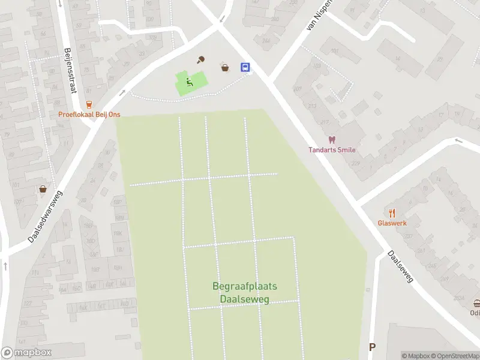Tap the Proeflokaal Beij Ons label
(x=89, y=115)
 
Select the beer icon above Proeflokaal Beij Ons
(x=89, y=104)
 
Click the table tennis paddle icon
(x=202, y=59)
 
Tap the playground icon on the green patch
(x=189, y=83)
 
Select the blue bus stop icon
(x=245, y=67)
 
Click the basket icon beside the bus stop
(x=225, y=68)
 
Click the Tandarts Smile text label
(x=332, y=150)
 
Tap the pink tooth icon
(x=332, y=140)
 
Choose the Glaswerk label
(x=392, y=223)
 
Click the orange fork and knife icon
(x=392, y=213)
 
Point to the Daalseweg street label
(x=400, y=267)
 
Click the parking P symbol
(x=372, y=347)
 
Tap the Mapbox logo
(x=26, y=353)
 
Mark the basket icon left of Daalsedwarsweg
(x=43, y=189)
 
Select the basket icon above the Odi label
(x=476, y=304)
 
